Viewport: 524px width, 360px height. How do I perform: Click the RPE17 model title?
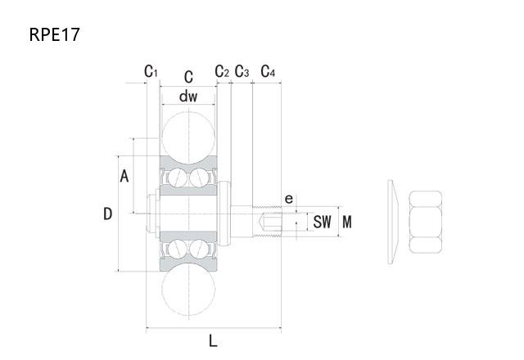point(55,34)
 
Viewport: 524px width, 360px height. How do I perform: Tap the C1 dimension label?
point(151,71)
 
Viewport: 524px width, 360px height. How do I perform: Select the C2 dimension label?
point(222,71)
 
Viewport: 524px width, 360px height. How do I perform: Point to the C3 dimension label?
point(242,71)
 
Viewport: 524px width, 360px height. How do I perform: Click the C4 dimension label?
point(268,71)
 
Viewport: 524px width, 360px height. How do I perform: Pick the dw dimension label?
point(188,97)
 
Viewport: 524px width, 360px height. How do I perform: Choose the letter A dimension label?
point(124,176)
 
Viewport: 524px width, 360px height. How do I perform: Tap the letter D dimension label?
point(107,214)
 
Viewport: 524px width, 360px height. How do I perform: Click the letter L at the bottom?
point(213,341)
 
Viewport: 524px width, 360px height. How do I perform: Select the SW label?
point(322,222)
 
